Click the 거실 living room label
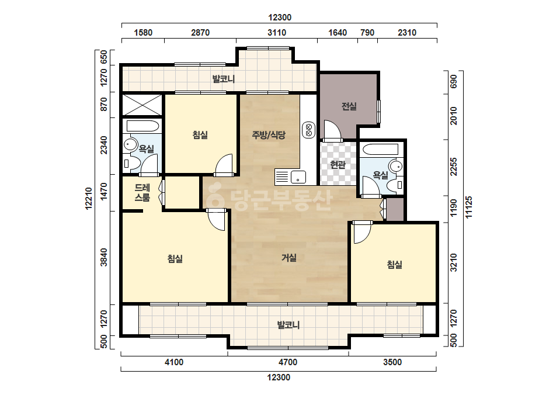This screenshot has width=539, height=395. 288,257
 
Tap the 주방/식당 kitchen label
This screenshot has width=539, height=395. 269,135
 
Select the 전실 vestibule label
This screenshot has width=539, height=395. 349,106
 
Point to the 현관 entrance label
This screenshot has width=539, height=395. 338,165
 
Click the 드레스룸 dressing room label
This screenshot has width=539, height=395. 142,193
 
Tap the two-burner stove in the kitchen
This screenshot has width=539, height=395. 309,130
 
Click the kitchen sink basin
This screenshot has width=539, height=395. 298,177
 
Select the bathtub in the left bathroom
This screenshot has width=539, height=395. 142,126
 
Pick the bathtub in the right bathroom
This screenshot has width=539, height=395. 381,150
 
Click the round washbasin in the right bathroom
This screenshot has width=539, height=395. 397,166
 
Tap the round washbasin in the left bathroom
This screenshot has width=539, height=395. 130,144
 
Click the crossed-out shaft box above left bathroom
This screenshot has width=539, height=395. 142,105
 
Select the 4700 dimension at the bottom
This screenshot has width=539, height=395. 288,362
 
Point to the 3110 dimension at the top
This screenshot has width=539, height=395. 277,33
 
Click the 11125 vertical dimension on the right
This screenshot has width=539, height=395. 468,207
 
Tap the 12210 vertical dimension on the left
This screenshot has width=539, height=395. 89,199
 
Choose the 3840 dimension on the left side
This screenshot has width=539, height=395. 104,257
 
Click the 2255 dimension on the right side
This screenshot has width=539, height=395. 454,167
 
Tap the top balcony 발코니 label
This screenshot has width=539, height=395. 224,79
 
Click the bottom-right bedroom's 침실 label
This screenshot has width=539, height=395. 395,265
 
